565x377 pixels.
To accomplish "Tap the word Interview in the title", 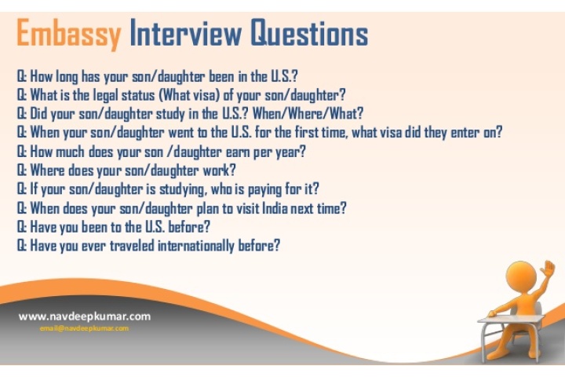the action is [185, 33].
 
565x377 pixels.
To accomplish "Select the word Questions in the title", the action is [309, 33].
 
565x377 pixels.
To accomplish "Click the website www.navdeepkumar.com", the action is [85, 317].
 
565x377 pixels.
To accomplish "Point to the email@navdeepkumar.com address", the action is [84, 328].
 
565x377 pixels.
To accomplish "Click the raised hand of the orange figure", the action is [549, 269].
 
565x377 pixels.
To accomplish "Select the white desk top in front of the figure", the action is [511, 319].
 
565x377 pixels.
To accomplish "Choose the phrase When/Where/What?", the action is [308, 114].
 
